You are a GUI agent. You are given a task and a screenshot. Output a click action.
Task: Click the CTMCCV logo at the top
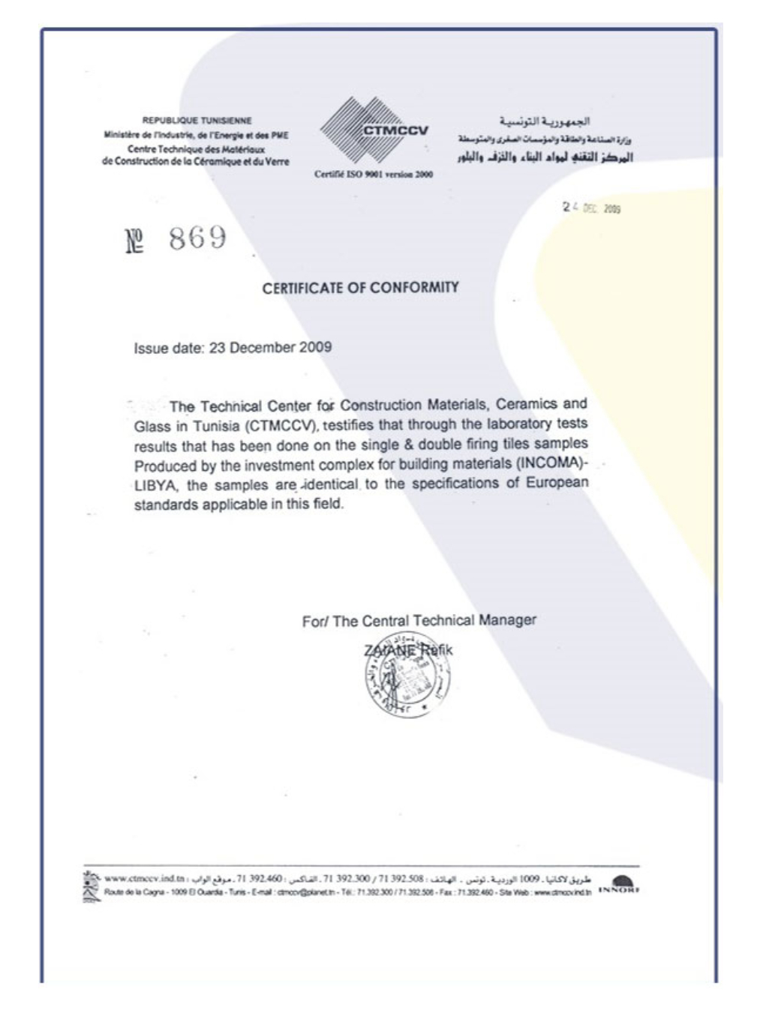coord(374,131)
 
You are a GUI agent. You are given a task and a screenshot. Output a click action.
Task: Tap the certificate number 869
coord(197,238)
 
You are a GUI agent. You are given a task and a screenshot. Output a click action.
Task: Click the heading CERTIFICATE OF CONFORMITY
coord(360,288)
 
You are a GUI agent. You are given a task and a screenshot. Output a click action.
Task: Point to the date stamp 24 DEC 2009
coord(592,208)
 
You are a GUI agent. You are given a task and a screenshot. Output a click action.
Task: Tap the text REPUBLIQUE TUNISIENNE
coord(197,120)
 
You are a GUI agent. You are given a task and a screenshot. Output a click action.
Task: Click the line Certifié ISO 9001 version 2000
coord(374,175)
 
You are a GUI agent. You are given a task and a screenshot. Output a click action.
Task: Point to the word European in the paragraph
coord(557,482)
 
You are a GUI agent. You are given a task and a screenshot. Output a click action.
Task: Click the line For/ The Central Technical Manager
coord(419,621)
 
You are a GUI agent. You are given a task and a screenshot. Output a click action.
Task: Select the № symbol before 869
coord(134,241)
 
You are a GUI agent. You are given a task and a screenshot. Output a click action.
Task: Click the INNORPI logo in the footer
coord(619,886)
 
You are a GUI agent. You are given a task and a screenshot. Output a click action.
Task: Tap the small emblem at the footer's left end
coord(92,886)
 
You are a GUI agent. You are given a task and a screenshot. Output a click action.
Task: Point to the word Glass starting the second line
coord(152,427)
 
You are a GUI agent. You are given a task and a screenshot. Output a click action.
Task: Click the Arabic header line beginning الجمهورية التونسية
coord(545,121)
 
